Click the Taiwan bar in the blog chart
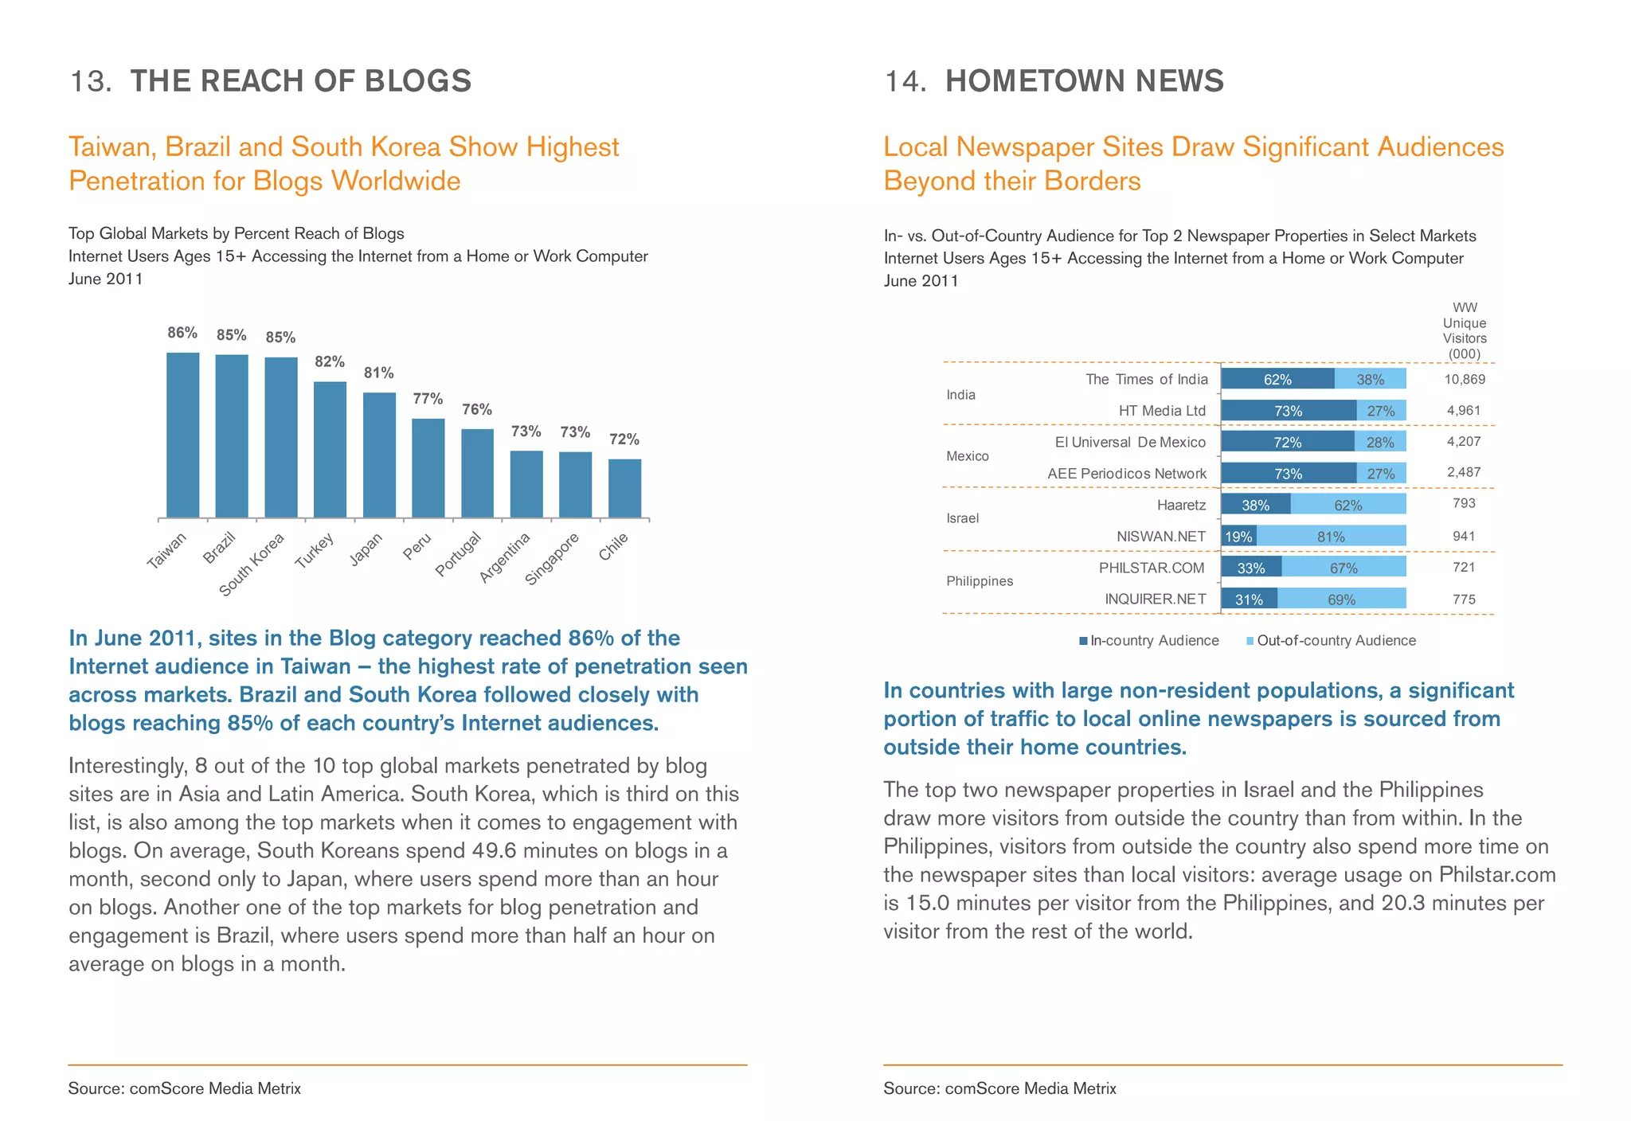[182, 435]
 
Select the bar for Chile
[624, 488]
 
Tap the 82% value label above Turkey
[330, 362]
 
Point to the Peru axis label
[418, 546]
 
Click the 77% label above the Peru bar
[428, 399]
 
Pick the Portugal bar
[477, 474]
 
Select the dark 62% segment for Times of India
[1277, 379]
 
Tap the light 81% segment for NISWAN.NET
[1331, 537]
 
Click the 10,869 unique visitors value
[1465, 380]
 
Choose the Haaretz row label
[1181, 505]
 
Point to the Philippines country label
[980, 581]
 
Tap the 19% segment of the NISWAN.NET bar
[1238, 537]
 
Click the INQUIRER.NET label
[1155, 600]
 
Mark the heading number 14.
[905, 81]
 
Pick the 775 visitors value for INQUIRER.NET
[1464, 600]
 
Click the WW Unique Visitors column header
[1465, 330]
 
